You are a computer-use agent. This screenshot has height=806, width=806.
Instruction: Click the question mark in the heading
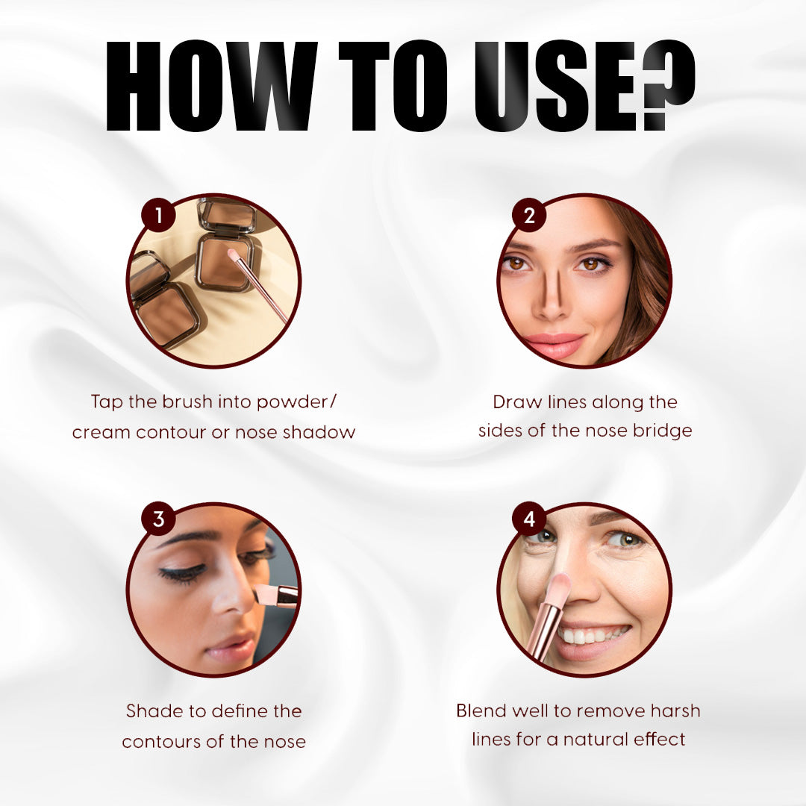(x=669, y=84)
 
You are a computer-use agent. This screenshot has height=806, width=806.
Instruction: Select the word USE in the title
(x=557, y=85)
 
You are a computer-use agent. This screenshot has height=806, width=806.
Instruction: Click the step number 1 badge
(x=159, y=214)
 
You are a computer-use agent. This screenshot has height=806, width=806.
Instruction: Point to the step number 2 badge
(x=529, y=214)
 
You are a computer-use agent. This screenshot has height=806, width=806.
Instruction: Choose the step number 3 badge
(x=159, y=519)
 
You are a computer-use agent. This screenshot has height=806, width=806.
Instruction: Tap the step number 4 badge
(x=529, y=519)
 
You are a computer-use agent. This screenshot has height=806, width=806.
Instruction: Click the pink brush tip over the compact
(x=234, y=255)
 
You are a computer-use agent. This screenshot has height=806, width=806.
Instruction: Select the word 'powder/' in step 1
(x=296, y=402)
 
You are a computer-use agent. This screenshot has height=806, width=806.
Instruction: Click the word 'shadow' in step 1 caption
(x=319, y=432)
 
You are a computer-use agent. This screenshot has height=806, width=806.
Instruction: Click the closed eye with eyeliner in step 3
(x=183, y=572)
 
